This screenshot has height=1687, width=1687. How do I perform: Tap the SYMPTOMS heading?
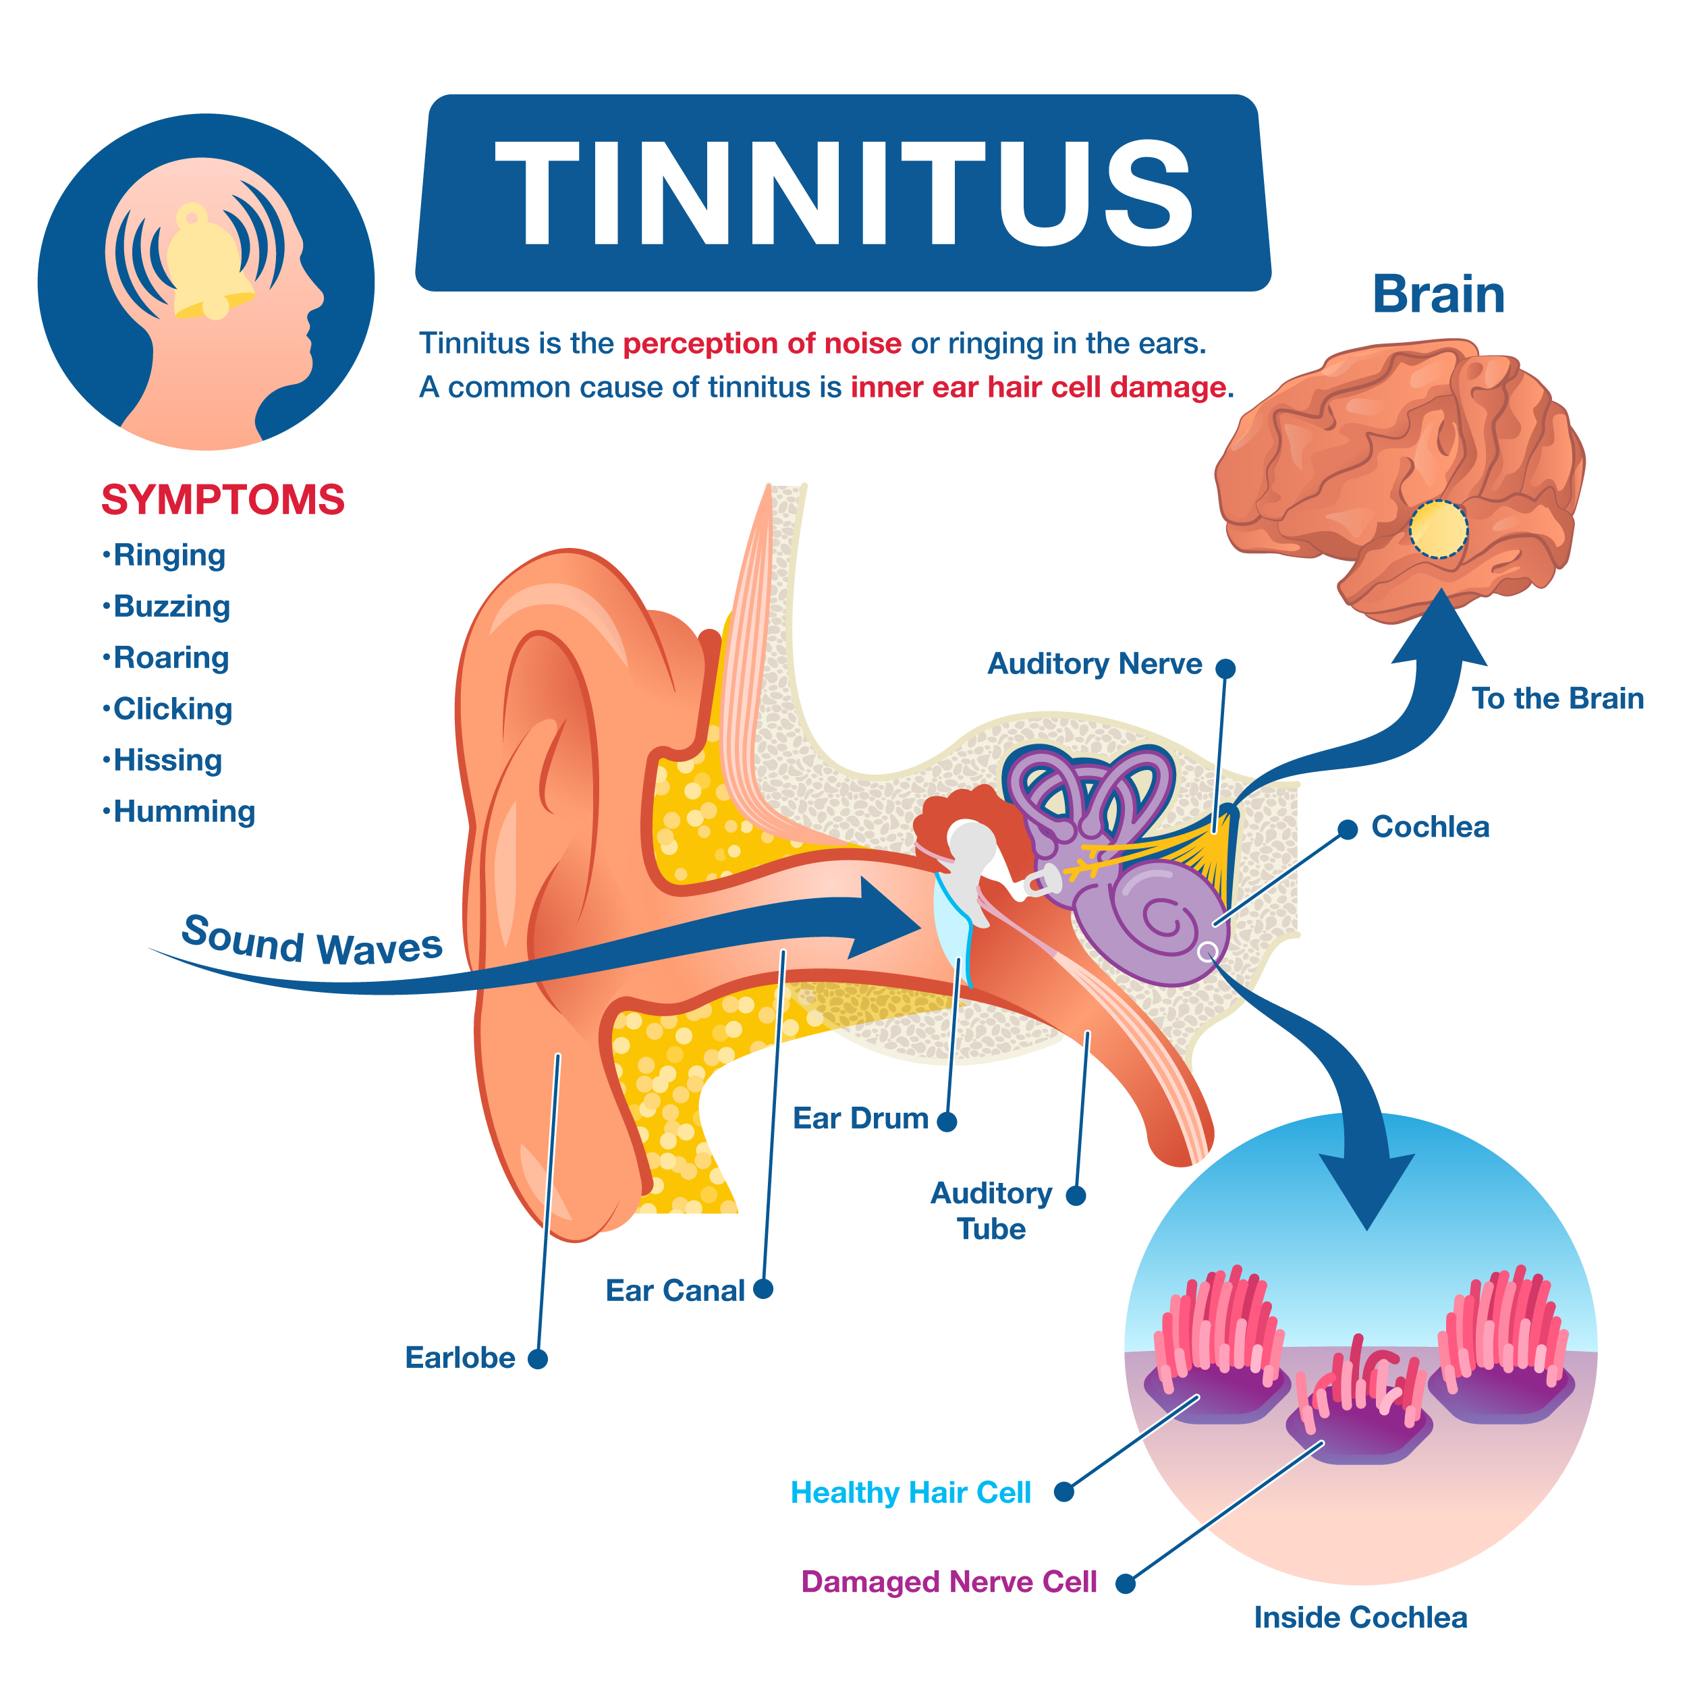tap(223, 500)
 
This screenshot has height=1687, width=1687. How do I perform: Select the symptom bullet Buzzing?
tap(166, 607)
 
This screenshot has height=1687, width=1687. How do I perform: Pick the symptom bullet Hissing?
tap(163, 760)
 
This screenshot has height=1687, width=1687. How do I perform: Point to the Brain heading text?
tap(1438, 294)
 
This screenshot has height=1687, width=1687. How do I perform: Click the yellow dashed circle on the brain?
tap(1437, 529)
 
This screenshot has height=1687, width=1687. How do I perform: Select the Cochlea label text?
tap(1431, 827)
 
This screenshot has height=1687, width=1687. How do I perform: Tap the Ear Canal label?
tap(675, 1291)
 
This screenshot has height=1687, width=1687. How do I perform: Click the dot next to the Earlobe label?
tap(538, 1358)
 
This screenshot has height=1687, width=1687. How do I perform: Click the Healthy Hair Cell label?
tap(911, 1492)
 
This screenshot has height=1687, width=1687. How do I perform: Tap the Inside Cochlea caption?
tap(1360, 1617)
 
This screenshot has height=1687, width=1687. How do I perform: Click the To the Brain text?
tap(1557, 698)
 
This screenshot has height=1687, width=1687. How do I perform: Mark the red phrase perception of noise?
tap(763, 343)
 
